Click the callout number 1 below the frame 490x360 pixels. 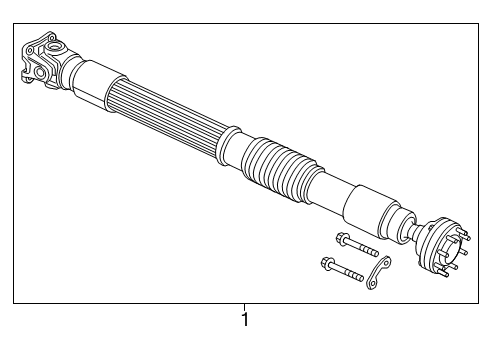point(243,321)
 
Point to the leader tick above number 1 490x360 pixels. point(243,306)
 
